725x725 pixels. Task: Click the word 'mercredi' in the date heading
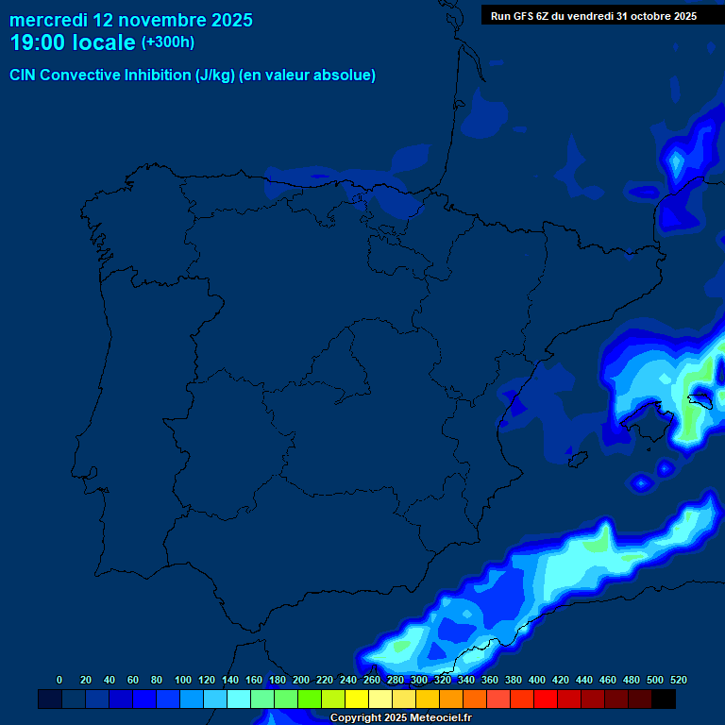pyautogui.click(x=48, y=20)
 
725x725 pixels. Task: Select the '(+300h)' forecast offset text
pyautogui.click(x=167, y=42)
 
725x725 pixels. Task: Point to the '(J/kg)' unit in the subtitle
pyautogui.click(x=215, y=76)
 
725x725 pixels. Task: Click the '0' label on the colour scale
pyautogui.click(x=59, y=680)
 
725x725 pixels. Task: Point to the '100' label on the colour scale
pyautogui.click(x=183, y=680)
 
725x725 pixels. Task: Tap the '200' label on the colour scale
pyautogui.click(x=301, y=680)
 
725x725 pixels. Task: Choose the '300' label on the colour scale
pyautogui.click(x=419, y=680)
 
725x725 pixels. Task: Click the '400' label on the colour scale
pyautogui.click(x=537, y=680)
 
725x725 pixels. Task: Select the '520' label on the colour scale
pyautogui.click(x=679, y=680)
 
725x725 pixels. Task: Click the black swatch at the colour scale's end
pyautogui.click(x=664, y=700)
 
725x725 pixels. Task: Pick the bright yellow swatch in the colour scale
pyautogui.click(x=357, y=700)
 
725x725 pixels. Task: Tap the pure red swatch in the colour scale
pyautogui.click(x=546, y=700)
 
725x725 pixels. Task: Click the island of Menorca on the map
pyautogui.click(x=701, y=398)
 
